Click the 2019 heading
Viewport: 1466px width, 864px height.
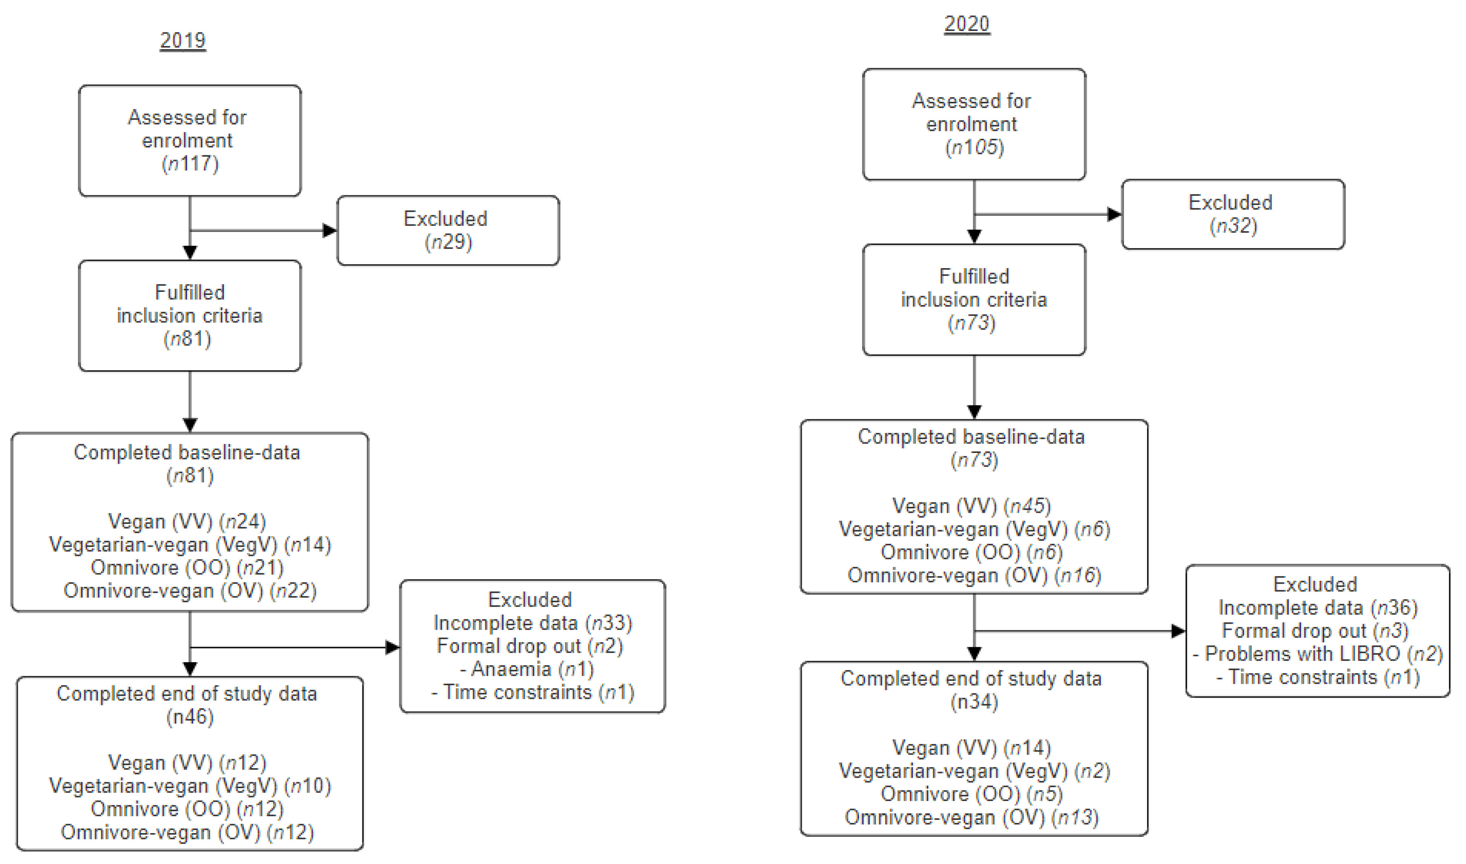pos(183,40)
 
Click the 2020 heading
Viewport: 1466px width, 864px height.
pos(967,24)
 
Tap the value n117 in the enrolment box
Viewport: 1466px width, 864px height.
pos(190,164)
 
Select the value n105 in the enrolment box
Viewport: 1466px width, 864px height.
pos(974,147)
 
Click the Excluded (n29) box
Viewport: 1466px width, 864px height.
pos(448,230)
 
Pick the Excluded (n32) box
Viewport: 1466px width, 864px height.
pos(1233,214)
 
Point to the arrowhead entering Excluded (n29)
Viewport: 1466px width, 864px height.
pos(330,230)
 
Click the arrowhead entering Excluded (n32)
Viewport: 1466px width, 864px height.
pos(1114,214)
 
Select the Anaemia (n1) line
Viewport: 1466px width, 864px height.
pos(527,669)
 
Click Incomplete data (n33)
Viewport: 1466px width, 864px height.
pos(532,623)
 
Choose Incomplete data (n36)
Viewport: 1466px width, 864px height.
pos(1317,608)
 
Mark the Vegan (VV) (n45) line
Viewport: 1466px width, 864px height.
pos(971,506)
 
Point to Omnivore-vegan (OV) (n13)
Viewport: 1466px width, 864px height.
pos(971,817)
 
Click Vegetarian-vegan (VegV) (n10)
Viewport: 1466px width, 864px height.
pos(190,786)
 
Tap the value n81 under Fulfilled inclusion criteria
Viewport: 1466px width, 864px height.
pos(187,339)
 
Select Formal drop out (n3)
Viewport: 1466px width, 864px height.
pos(1315,631)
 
